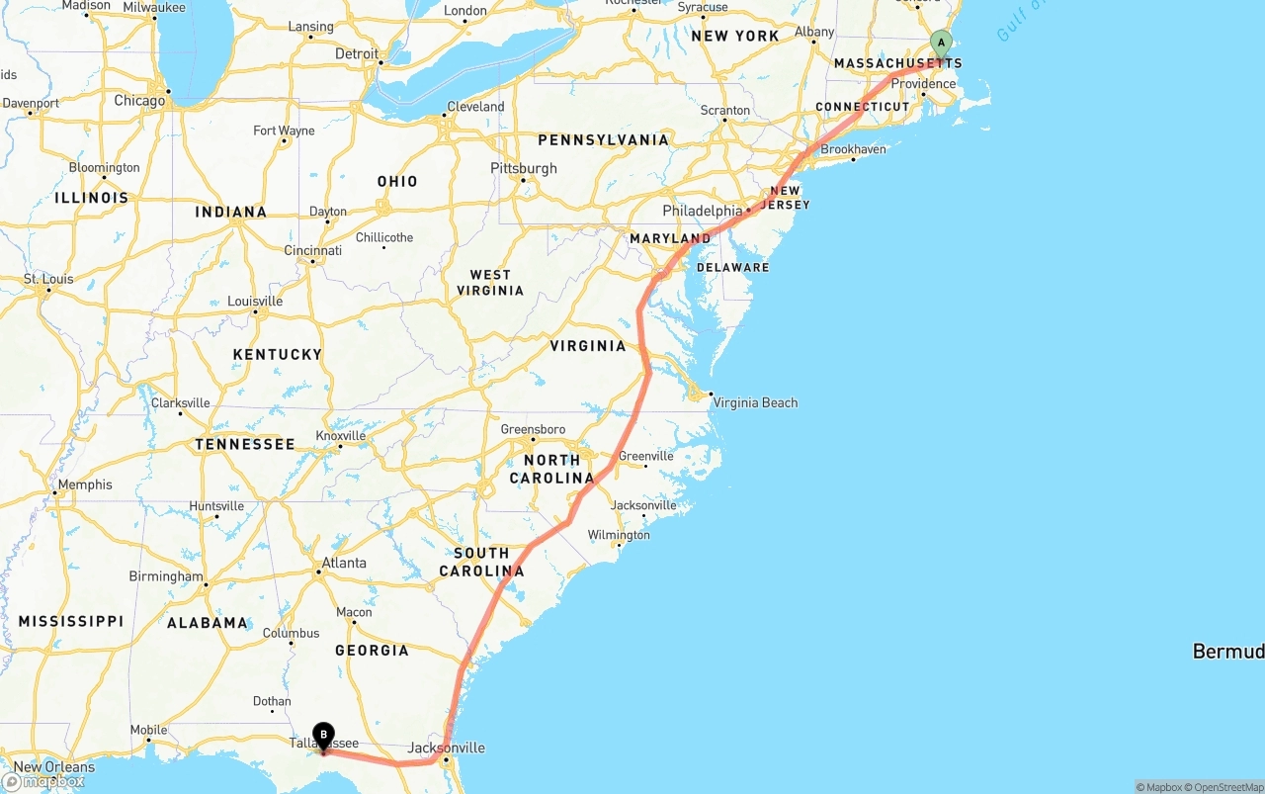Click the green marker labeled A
(941, 43)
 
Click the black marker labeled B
(323, 736)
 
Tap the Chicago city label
(139, 101)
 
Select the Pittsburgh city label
(524, 168)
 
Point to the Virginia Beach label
(755, 402)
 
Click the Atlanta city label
(343, 563)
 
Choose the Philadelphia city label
(702, 211)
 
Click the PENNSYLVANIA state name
(603, 140)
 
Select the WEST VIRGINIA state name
(490, 283)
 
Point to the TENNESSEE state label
(245, 445)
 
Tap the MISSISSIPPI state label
(71, 621)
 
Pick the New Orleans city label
(54, 766)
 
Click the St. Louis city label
(48, 279)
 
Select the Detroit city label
(357, 53)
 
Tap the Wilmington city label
(619, 535)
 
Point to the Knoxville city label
(341, 436)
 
